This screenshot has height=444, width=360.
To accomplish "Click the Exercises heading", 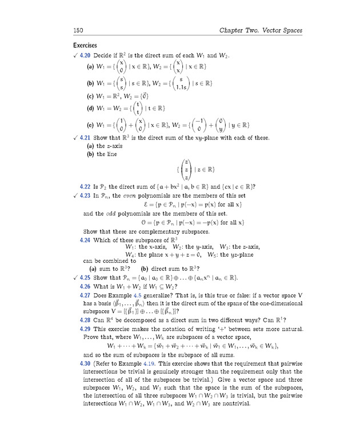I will point(85,45).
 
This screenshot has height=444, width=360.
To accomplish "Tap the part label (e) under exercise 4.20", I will point(90,125).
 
